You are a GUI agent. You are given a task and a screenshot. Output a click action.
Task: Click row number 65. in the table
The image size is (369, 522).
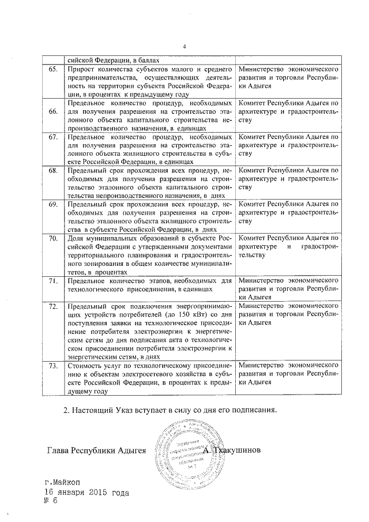pos(52,69)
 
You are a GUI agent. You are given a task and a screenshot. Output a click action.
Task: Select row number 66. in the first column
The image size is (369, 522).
pos(52,111)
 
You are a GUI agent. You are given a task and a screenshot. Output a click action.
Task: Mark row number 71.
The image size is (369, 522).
pos(52,280)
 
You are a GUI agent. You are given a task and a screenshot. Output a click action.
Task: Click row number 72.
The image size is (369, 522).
pos(52,305)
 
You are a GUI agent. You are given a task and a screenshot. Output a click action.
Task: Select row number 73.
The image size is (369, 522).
pos(52,366)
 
